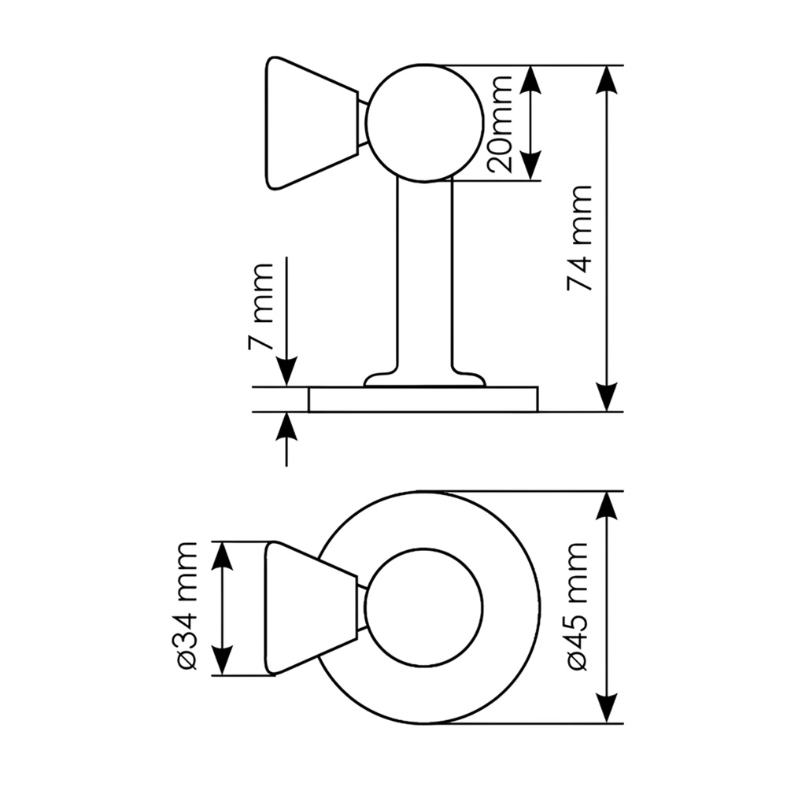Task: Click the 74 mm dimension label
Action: [x=579, y=238]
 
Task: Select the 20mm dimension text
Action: [x=500, y=124]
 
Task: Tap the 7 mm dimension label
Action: [x=260, y=305]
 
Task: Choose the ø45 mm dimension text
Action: [x=578, y=606]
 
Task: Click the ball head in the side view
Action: [x=425, y=123]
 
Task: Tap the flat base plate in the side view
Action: [x=423, y=400]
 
